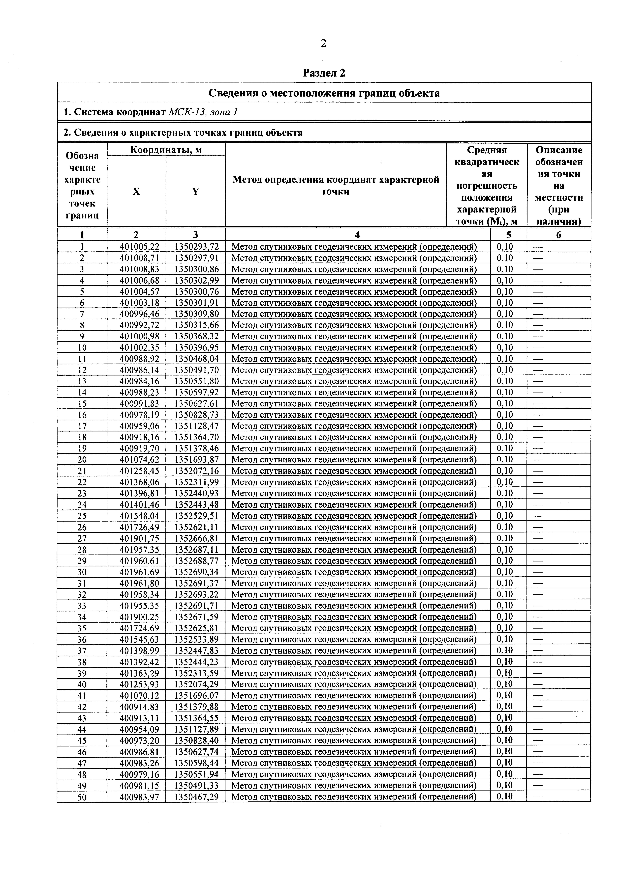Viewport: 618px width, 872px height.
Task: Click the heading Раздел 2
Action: click(324, 73)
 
